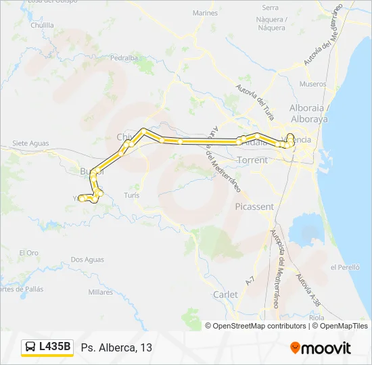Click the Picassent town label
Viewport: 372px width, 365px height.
coord(254,206)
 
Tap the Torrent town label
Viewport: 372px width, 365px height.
coord(252,160)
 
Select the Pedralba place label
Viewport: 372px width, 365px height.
coord(124,58)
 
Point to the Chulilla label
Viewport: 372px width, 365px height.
coord(42,24)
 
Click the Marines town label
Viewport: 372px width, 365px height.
coord(205,13)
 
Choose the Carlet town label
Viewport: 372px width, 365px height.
coord(225,295)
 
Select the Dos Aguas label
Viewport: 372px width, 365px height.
coord(87,260)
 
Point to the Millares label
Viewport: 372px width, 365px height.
coord(101,293)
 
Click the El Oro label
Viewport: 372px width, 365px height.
coord(29,253)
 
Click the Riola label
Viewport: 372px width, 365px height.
coord(316,316)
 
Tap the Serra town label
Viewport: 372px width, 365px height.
coord(270,7)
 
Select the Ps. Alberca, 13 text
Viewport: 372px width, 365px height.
coord(116,348)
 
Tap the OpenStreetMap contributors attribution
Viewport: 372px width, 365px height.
coord(260,326)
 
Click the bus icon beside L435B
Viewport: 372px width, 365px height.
coord(31,347)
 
